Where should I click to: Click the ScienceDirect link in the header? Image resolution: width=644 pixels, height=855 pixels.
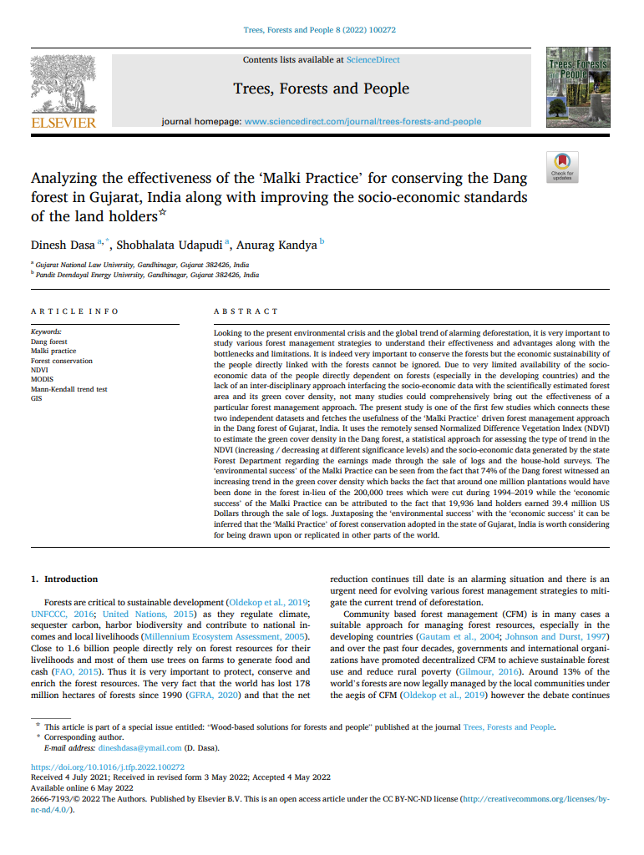click(x=373, y=60)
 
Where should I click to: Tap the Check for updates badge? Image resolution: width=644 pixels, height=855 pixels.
click(x=561, y=166)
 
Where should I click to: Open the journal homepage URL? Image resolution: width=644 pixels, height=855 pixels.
click(x=363, y=121)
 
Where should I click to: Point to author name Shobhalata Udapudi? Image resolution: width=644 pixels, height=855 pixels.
click(x=167, y=245)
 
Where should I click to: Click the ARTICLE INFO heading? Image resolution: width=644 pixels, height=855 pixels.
click(x=74, y=311)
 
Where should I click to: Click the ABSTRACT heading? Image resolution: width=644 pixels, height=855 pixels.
click(x=246, y=311)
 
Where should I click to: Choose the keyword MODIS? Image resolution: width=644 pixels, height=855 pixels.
click(x=42, y=380)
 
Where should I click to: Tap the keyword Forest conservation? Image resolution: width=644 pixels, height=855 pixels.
click(x=62, y=361)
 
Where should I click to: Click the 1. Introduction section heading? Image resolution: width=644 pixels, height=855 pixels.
click(x=64, y=579)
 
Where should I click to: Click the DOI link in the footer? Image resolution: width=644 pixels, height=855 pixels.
click(x=108, y=766)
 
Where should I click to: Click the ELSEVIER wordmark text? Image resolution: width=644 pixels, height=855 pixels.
click(x=63, y=124)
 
